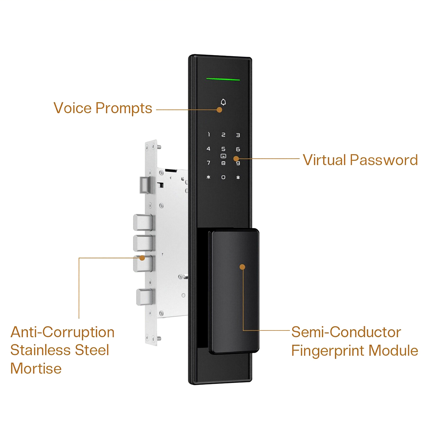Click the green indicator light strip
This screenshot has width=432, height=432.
(x=223, y=79)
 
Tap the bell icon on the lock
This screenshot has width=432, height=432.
(x=223, y=102)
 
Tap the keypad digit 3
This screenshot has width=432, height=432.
(x=238, y=135)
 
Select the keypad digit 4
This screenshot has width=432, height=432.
(x=208, y=149)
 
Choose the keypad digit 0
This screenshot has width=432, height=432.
(x=223, y=177)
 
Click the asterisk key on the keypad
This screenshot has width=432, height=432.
(x=208, y=177)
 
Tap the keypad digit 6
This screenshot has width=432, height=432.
(x=238, y=149)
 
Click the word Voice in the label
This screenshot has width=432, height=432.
(x=73, y=108)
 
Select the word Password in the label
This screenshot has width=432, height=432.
(x=384, y=160)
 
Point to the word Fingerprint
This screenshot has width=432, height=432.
(x=328, y=351)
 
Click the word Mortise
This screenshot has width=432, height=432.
(x=36, y=368)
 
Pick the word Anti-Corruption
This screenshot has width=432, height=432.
(x=63, y=332)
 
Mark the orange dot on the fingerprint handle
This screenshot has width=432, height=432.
(x=242, y=267)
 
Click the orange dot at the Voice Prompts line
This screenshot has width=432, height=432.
(x=219, y=110)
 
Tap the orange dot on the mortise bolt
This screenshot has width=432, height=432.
(x=142, y=258)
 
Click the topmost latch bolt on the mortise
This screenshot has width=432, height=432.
(x=144, y=184)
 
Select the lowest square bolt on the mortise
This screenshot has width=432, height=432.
(x=144, y=297)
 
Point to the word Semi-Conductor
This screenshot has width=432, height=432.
(x=346, y=332)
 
